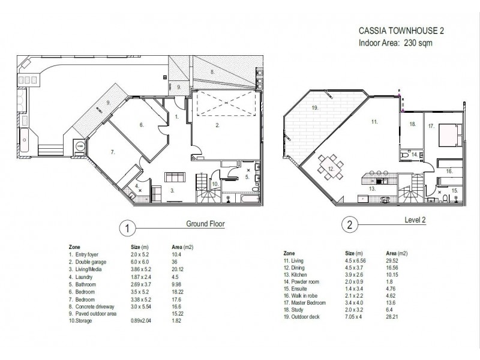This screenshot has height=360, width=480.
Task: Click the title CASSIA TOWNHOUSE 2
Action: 401,31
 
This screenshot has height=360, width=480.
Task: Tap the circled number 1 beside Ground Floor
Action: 127,229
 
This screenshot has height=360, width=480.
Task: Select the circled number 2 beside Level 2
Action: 350,225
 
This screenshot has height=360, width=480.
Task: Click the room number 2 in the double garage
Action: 217,125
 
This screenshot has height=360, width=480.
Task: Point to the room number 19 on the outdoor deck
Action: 316,108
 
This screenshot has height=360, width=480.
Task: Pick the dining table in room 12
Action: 331,167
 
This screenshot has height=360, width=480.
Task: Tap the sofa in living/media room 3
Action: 175,177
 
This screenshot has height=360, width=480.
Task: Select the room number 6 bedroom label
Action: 142,125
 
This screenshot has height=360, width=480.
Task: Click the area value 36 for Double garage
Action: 175,262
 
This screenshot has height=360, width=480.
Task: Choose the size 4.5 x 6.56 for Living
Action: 355,261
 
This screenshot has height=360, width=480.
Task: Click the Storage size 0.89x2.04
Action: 141,321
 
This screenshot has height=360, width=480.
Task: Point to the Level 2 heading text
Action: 415,220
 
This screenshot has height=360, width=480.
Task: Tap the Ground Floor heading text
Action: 205,224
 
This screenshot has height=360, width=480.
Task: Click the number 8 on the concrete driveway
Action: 212,72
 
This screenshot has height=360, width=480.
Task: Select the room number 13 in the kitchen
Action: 372,189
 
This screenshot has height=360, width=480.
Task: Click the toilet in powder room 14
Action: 406,155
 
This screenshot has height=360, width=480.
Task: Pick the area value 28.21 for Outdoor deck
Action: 392,317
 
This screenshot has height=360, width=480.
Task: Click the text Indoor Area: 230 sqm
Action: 395,43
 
